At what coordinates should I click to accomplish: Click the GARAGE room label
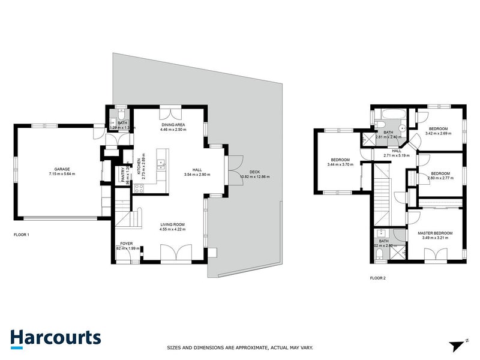(62, 170)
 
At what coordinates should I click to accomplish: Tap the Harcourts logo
(55, 337)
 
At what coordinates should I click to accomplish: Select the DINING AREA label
(172, 124)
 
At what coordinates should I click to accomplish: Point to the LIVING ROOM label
(172, 224)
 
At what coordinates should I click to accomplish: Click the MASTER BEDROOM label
(435, 233)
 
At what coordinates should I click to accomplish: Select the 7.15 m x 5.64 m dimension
(62, 174)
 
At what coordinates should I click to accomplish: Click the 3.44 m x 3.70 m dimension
(340, 164)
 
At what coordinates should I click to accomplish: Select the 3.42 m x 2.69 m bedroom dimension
(438, 133)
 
